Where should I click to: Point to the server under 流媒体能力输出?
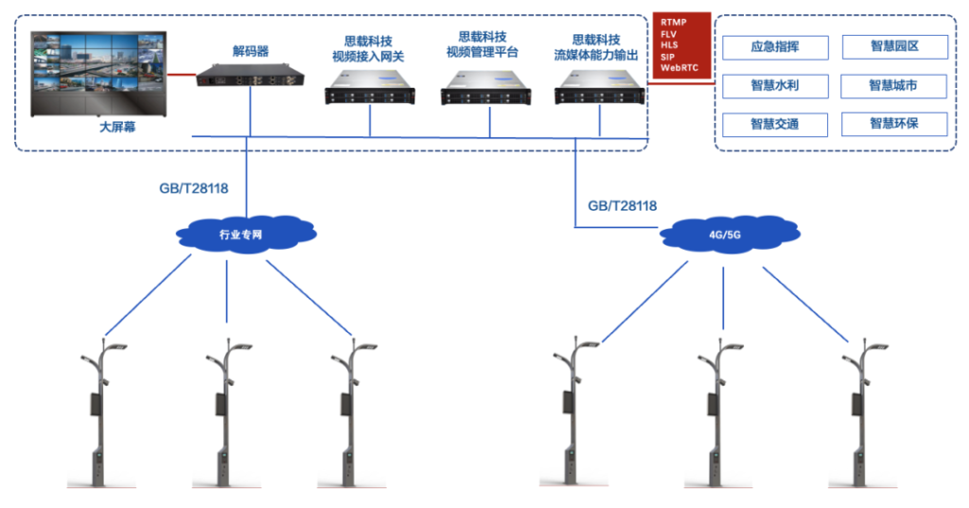600,93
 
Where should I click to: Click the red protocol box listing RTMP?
679,45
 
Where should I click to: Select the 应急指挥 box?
775,47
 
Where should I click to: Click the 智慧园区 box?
893,47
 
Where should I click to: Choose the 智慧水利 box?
775,86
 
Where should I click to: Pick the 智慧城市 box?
893,86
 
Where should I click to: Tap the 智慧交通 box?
775,124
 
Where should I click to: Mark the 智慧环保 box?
893,124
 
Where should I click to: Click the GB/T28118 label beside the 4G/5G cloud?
622,205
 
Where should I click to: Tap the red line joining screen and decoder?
180,73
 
